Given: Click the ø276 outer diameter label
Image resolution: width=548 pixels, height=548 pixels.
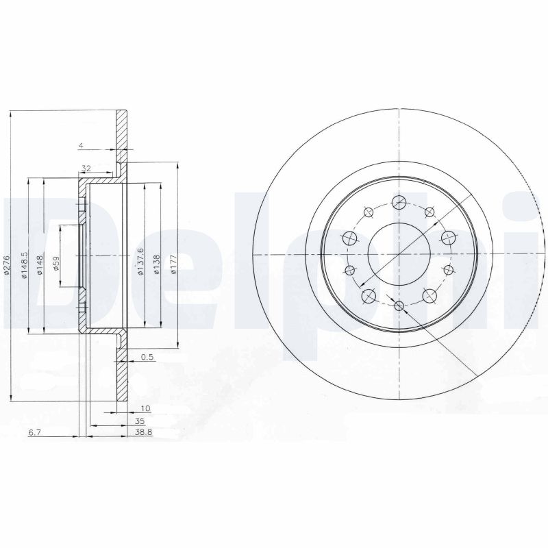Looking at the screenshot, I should (6, 265).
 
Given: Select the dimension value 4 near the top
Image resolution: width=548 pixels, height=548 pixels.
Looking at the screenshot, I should (81, 145).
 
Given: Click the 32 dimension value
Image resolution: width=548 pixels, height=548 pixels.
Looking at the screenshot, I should (86, 168).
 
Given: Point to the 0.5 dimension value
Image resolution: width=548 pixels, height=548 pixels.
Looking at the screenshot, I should (146, 357).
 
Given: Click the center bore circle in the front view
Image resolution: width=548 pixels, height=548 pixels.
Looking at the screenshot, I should (397, 253).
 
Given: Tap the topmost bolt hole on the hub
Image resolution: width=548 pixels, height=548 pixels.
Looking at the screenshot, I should (398, 201).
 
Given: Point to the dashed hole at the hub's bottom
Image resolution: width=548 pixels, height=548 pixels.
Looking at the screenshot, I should (399, 305).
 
